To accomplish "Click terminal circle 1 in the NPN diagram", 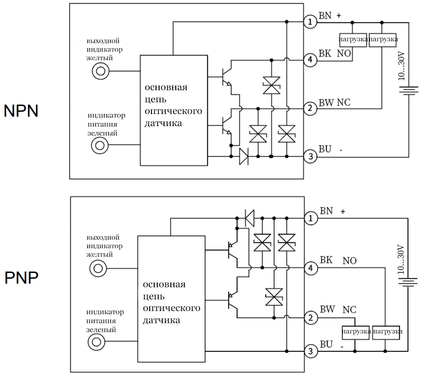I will pyautogui.click(x=310, y=22).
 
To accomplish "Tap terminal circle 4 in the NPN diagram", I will pyautogui.click(x=310, y=60).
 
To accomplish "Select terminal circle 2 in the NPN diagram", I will pyautogui.click(x=310, y=109).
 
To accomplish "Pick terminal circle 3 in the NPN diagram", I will pyautogui.click(x=310, y=157).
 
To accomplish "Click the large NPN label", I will pyautogui.click(x=21, y=111).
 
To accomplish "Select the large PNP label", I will pyautogui.click(x=21, y=278).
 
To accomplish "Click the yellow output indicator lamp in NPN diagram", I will pyautogui.click(x=100, y=70).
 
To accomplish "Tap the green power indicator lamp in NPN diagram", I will pyautogui.click(x=100, y=145).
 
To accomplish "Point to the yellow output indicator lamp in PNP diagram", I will pyautogui.click(x=97, y=269).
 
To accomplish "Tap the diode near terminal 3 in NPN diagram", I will pyautogui.click(x=244, y=156).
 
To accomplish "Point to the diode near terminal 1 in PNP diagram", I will pyautogui.click(x=250, y=219).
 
